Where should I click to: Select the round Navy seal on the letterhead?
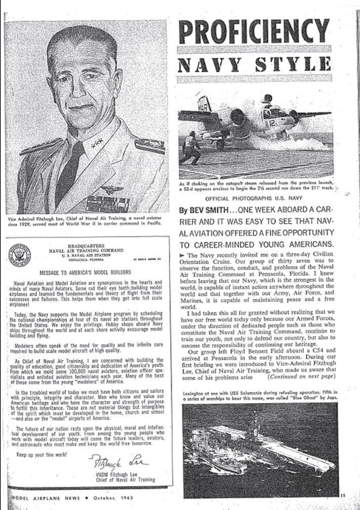click(x=19, y=255)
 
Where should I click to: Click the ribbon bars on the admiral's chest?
click(x=101, y=203)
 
